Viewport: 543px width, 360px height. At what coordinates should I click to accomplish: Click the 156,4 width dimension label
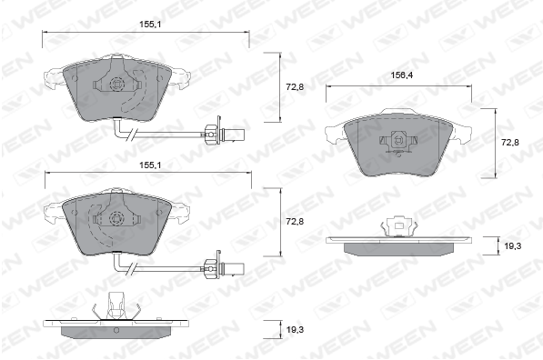(402, 75)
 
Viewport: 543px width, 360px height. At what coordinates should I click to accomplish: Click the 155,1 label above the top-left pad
(150, 25)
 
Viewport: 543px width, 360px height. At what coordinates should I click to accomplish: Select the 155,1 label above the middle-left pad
(150, 165)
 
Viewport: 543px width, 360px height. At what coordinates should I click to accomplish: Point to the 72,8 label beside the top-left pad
(295, 87)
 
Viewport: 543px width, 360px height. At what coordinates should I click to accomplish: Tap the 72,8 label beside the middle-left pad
(295, 222)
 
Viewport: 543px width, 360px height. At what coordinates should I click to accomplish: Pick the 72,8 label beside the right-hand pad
(510, 142)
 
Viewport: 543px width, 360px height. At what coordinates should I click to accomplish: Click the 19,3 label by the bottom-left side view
(295, 330)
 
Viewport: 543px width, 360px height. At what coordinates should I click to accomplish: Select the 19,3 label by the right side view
(512, 246)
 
